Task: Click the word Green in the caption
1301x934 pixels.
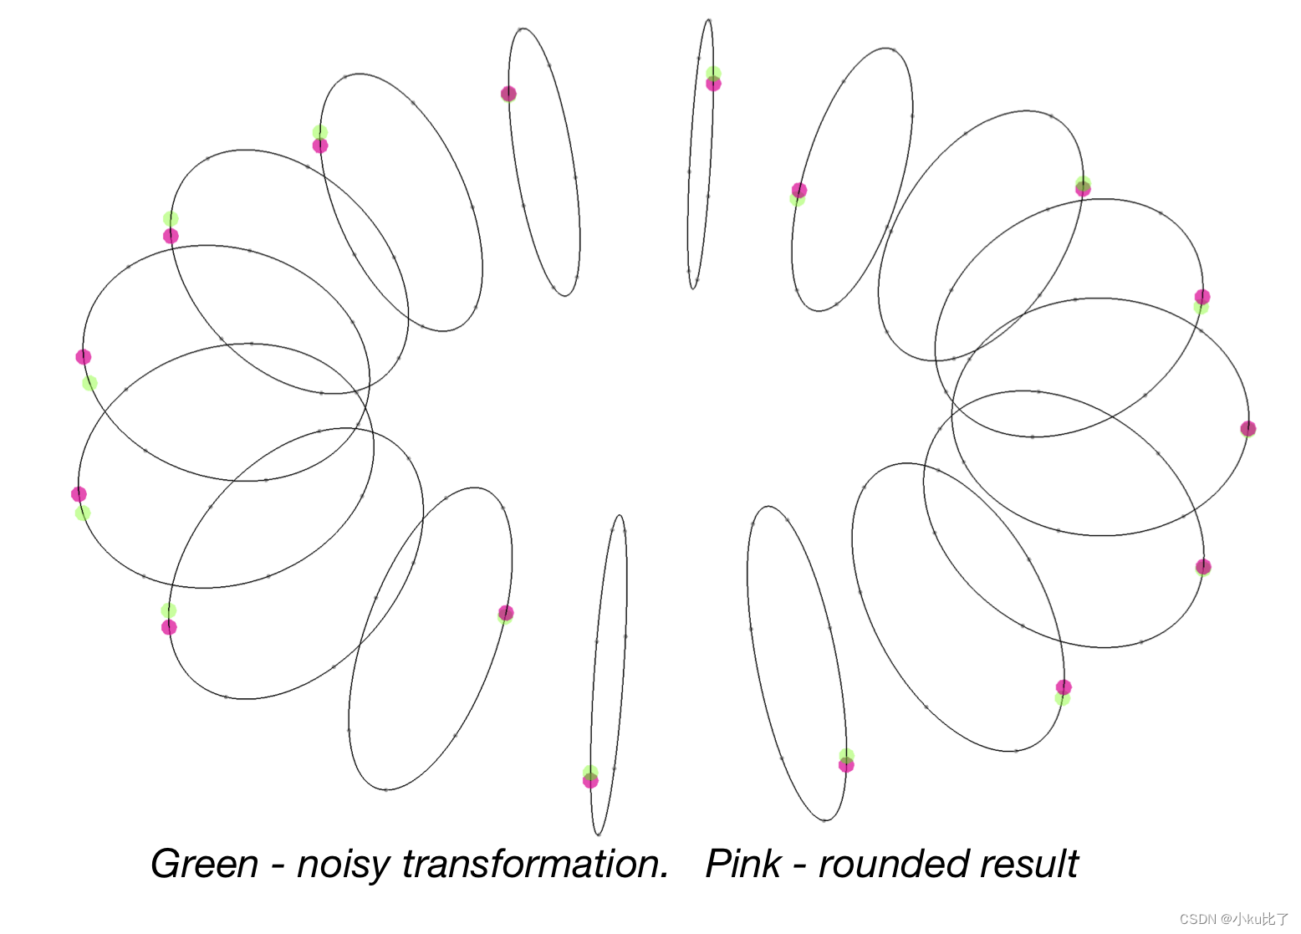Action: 205,864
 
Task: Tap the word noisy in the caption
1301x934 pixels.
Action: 344,864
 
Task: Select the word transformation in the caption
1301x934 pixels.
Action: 535,864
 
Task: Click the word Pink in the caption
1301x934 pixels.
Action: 743,864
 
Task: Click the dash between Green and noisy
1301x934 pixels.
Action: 278,866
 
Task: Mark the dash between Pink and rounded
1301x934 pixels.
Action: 799,866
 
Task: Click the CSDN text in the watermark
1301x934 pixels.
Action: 1197,919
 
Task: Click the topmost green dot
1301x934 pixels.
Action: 713,74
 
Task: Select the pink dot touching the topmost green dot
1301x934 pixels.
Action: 713,84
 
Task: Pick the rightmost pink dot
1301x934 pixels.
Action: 1248,429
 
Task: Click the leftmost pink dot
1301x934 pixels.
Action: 79,494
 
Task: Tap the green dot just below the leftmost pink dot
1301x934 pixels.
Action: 83,513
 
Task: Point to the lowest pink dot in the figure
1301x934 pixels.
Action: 590,781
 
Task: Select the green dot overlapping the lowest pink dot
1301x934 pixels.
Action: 590,772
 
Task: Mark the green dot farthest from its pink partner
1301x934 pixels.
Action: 89,383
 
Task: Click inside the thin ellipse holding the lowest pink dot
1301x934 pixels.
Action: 609,669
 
